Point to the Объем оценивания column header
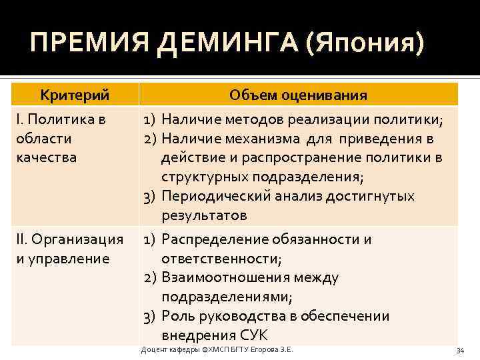coord(298,95)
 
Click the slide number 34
coord(459,351)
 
